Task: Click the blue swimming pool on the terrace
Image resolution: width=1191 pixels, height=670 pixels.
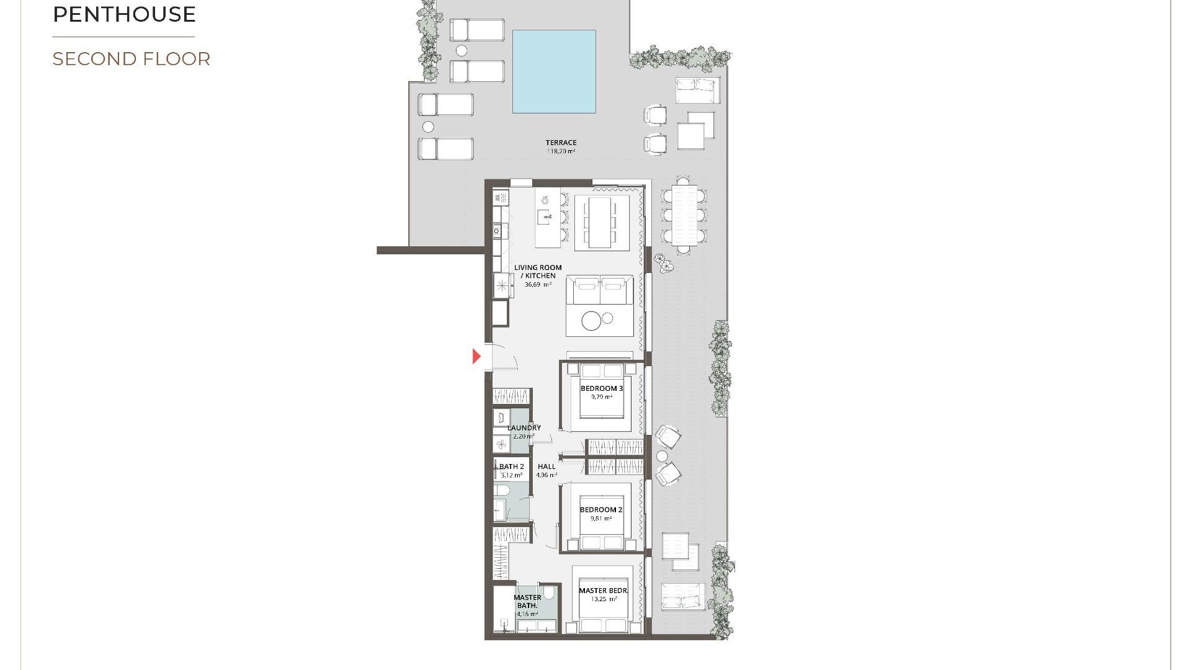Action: tap(554, 71)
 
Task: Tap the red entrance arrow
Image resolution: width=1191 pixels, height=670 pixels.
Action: tap(476, 356)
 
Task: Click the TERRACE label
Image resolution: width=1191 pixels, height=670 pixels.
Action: tap(561, 143)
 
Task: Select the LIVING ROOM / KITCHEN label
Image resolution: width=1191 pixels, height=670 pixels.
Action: tap(538, 272)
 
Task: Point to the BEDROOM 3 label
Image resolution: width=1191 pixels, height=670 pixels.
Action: tap(602, 388)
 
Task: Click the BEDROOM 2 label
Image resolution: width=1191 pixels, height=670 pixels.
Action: tap(601, 510)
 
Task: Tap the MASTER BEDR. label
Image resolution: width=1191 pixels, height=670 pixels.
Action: tap(604, 591)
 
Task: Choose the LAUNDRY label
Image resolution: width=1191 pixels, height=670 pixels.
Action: tap(524, 427)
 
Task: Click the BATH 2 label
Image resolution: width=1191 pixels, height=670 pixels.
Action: tap(512, 467)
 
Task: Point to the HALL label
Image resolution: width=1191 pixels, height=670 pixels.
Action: tap(546, 467)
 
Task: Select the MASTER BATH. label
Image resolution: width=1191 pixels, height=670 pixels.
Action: tap(527, 601)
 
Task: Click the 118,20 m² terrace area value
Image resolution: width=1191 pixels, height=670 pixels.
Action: tap(561, 151)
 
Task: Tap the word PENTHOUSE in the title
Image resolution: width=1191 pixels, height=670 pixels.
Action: tap(125, 14)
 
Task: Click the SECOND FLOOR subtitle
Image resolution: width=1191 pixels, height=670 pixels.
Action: tap(132, 59)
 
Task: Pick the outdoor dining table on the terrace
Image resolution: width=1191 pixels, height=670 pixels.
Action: tap(684, 214)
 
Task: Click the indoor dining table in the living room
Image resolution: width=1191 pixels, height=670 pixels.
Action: tap(600, 221)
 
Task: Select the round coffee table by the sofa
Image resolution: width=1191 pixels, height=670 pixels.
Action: tap(592, 321)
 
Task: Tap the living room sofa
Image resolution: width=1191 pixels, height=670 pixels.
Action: tap(600, 290)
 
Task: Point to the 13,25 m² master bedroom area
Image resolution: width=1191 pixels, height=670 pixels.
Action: tap(604, 599)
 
